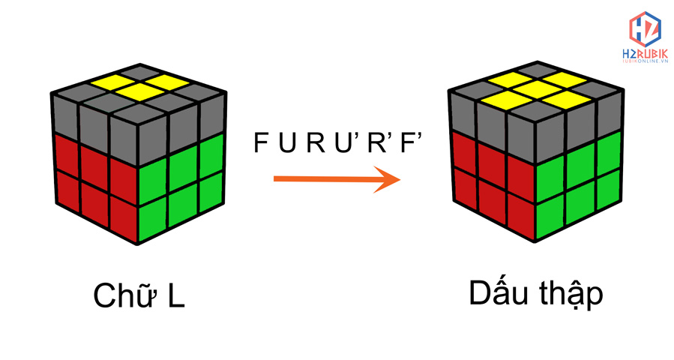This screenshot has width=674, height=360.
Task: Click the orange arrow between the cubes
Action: tap(334, 179)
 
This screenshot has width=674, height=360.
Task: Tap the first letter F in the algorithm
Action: tap(260, 142)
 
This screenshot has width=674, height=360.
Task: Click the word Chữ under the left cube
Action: tap(123, 295)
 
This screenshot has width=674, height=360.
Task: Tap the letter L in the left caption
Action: tap(175, 296)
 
